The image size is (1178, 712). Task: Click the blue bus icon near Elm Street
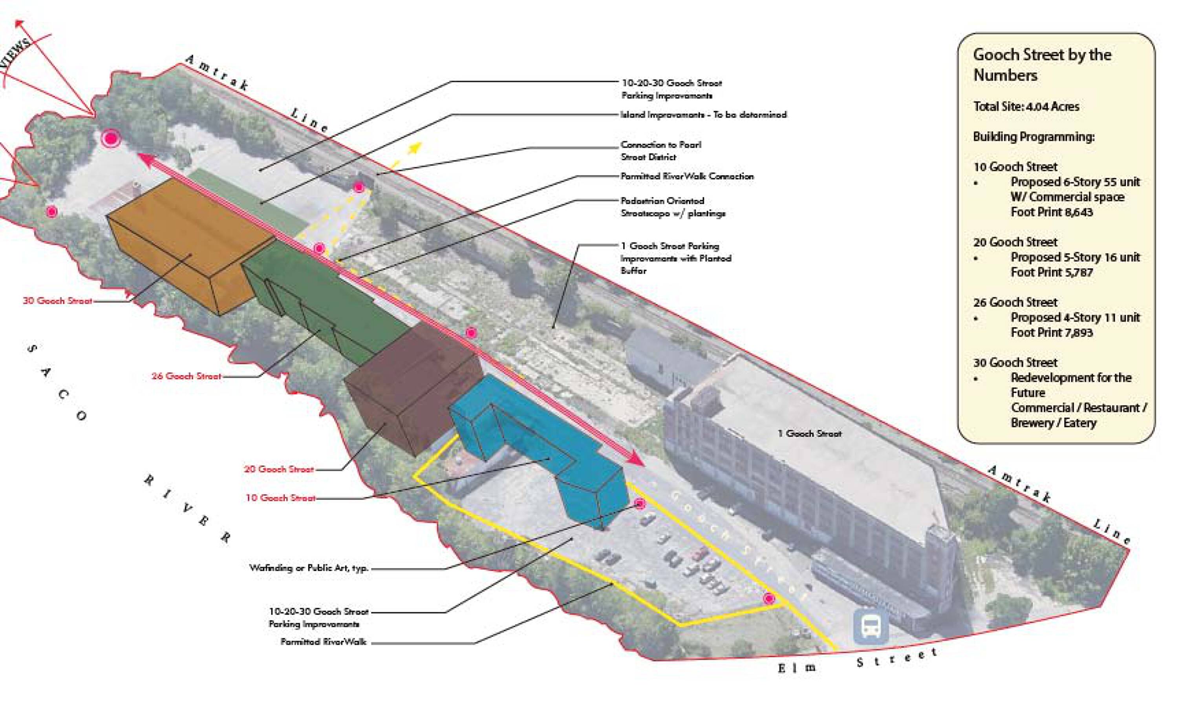pyautogui.click(x=871, y=626)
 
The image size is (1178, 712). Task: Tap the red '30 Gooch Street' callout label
pyautogui.click(x=57, y=301)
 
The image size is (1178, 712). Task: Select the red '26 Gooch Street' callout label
pyautogui.click(x=187, y=376)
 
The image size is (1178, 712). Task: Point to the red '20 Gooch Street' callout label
pyautogui.click(x=279, y=469)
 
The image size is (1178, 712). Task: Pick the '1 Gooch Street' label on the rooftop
pyautogui.click(x=809, y=433)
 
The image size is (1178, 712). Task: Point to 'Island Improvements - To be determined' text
pyautogui.click(x=703, y=115)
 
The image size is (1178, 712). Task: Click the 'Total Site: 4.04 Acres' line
pyautogui.click(x=1026, y=106)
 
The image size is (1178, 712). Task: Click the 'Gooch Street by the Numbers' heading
pyautogui.click(x=1042, y=64)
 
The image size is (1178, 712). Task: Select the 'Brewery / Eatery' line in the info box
pyautogui.click(x=1053, y=423)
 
